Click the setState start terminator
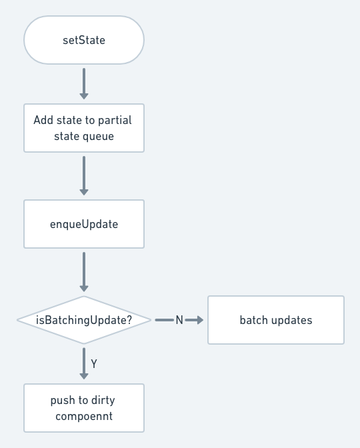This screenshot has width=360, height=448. point(84,40)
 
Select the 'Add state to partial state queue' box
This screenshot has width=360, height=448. point(84,128)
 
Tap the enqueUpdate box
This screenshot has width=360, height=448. point(84,224)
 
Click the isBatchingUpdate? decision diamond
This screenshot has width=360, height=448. point(84,320)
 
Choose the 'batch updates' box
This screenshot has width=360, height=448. point(276,320)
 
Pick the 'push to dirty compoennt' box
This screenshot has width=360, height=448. point(84,408)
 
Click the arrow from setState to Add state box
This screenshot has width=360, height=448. point(84,84)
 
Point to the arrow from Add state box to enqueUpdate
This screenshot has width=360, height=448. point(84,176)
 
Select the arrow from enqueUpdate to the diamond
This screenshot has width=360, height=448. point(84,272)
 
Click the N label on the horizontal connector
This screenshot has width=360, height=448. point(179,320)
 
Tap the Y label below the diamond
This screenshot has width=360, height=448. point(94,364)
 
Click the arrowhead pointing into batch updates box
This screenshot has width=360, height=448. point(200,320)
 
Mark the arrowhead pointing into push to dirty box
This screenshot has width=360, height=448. point(84,376)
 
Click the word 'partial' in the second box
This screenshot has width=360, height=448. point(115,120)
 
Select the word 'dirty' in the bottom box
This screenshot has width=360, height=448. point(103,400)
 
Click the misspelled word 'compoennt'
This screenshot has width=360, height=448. point(84,416)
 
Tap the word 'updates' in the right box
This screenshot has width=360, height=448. point(292,320)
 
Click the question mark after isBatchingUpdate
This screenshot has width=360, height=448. point(129,320)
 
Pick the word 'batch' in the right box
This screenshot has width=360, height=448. point(254,320)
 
